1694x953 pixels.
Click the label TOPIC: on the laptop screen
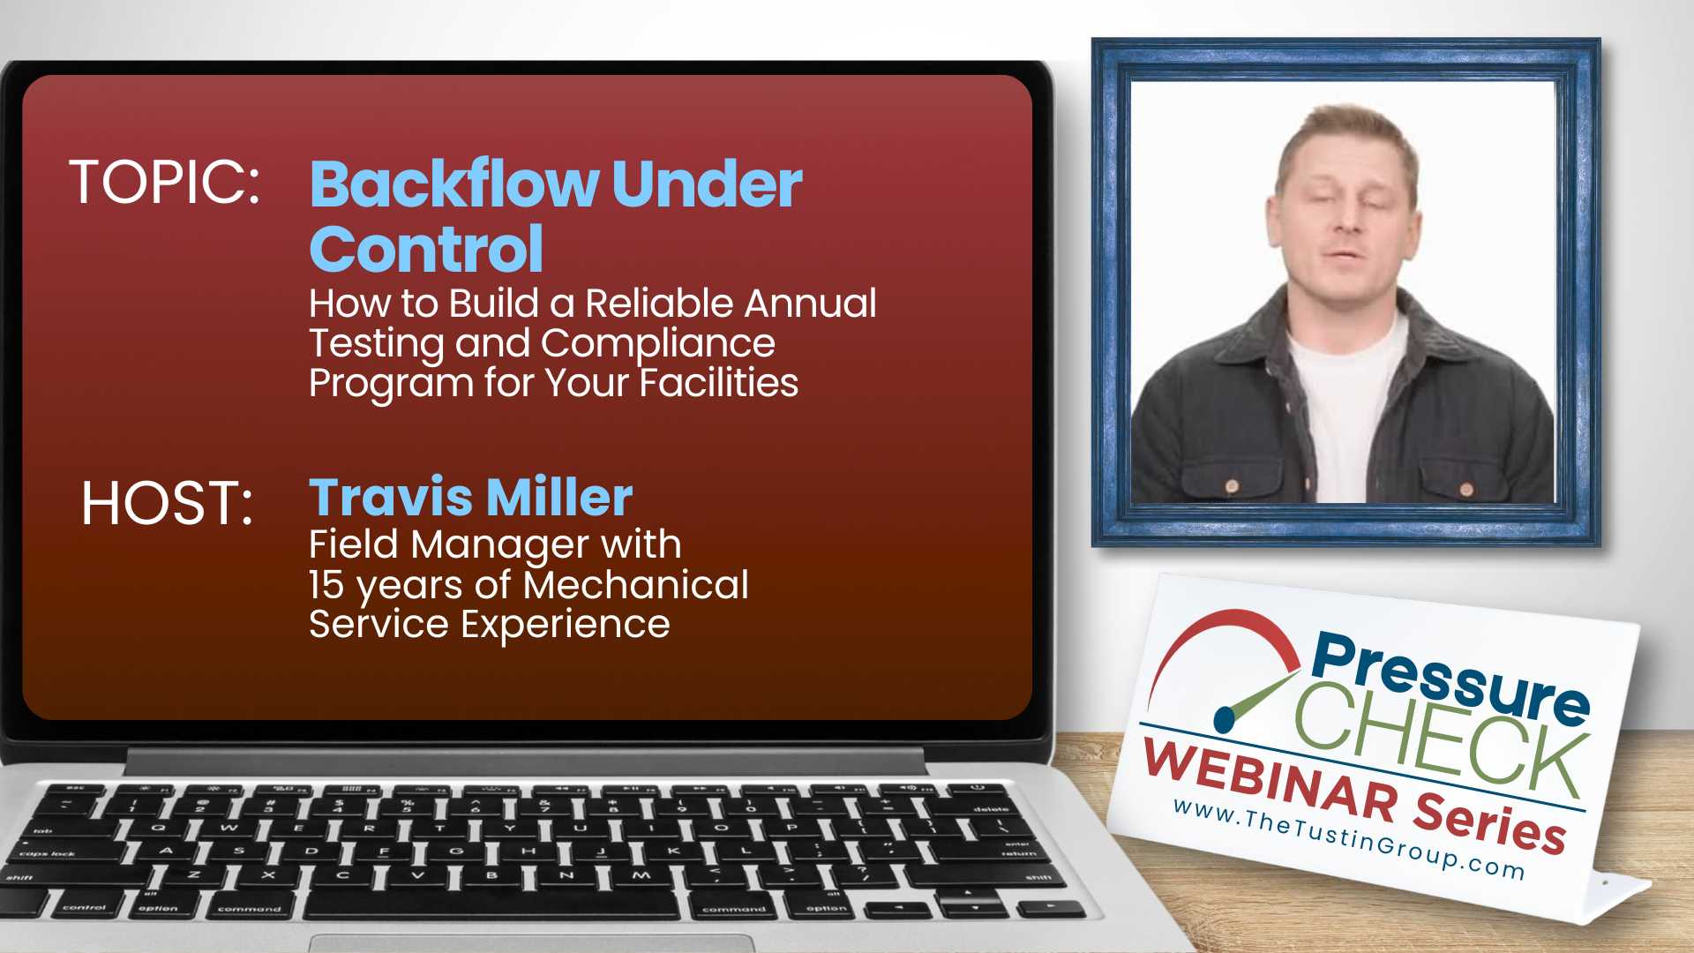165,183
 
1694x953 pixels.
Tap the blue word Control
426,249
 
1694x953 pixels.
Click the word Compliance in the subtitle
658,344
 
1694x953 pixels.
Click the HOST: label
168,504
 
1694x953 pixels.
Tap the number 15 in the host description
326,585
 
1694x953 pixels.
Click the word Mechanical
635,584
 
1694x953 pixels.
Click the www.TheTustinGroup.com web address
1349,839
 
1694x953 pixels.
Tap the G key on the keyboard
456,851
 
